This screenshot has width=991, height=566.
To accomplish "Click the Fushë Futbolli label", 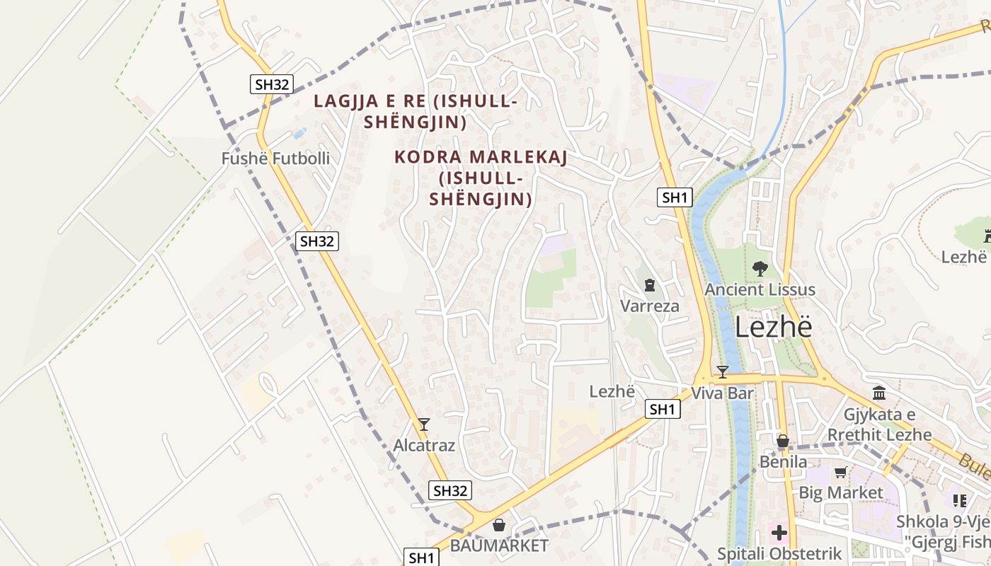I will pos(275,158).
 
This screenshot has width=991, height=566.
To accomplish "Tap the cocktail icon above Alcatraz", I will pos(424,424).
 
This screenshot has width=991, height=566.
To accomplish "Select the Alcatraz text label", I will pos(424,446).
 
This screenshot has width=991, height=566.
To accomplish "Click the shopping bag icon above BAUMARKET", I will pos(499,525).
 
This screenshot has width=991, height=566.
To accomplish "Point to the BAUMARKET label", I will pos(499,545).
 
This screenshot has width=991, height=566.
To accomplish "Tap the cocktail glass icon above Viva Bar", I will pos(722,371).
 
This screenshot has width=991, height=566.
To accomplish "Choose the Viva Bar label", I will pos(722,393).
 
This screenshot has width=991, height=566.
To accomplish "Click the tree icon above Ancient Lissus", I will pos(760,268).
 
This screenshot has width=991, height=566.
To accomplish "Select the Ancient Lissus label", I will pos(760,289).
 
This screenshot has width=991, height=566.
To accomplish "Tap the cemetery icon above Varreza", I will pos(650,285).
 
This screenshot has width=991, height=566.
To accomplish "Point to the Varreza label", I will pos(650,306).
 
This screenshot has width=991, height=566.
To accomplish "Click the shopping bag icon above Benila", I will pos(783,441).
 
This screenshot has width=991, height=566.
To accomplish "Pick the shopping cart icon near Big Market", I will pos(841,472).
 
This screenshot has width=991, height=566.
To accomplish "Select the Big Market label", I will pos(841,492).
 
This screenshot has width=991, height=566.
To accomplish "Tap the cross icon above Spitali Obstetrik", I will pos(779,533).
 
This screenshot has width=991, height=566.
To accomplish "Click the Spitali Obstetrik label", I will pos(779,554).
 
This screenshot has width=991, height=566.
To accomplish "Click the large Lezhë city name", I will pos(773,328).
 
